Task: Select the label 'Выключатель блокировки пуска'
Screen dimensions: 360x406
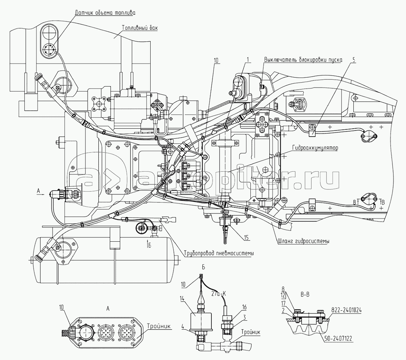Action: (303, 59)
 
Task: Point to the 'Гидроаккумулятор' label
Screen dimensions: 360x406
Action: (315, 147)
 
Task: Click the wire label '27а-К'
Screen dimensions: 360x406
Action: (218, 294)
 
